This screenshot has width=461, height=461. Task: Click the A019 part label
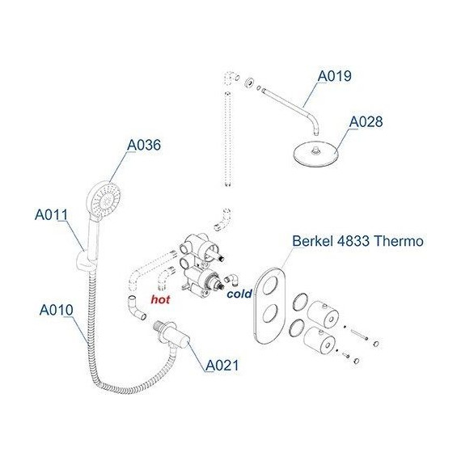coord(334,76)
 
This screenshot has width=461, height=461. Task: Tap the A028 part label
coord(366,121)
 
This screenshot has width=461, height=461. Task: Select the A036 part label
coord(144,145)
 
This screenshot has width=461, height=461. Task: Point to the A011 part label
coord(52,214)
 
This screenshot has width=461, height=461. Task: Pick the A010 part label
coord(56,310)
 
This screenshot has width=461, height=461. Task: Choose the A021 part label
coord(222,366)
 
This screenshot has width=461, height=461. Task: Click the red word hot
coord(160,299)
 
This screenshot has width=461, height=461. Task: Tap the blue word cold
coord(239,294)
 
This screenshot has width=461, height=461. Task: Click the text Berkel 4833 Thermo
coord(357,241)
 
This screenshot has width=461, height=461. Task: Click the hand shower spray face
coord(107,198)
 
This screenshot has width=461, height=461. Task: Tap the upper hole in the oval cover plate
coord(270,285)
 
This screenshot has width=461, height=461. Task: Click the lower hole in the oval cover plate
coord(270,314)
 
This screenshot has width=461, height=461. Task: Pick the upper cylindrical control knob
coord(323,315)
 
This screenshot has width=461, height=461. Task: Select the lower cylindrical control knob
coord(319,342)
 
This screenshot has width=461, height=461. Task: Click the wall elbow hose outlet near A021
coord(172,334)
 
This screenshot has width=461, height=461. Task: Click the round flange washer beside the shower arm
coord(250,82)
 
